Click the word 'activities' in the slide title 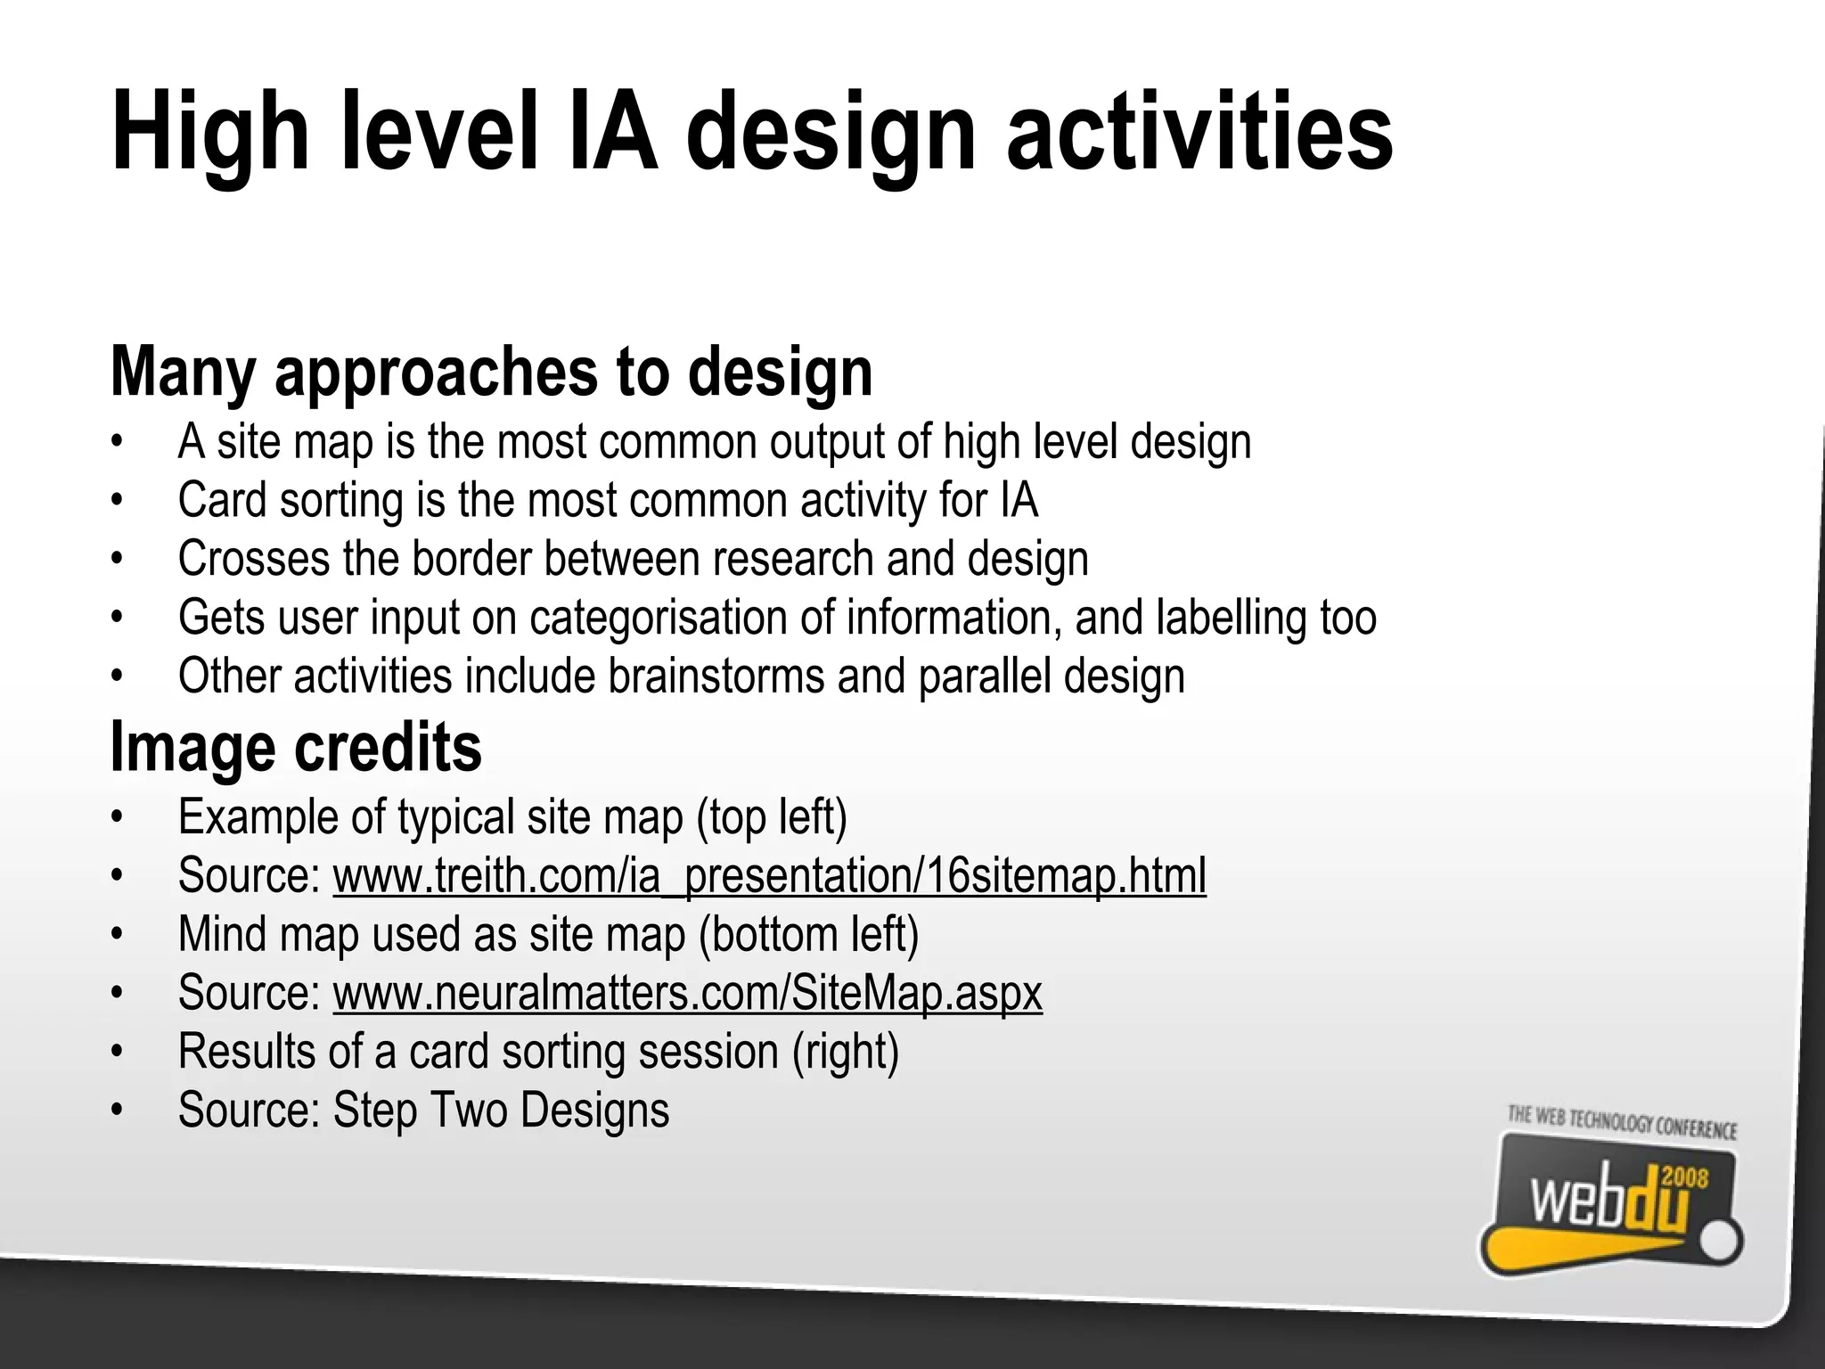(x=1199, y=132)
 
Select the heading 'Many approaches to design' (x=491, y=372)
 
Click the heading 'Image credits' (x=296, y=747)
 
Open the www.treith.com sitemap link (x=769, y=875)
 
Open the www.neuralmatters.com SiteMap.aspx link (x=687, y=993)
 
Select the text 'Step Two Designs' (x=501, y=1111)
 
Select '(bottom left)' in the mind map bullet (x=808, y=934)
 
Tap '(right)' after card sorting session (x=846, y=1052)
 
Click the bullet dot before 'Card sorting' (x=116, y=501)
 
